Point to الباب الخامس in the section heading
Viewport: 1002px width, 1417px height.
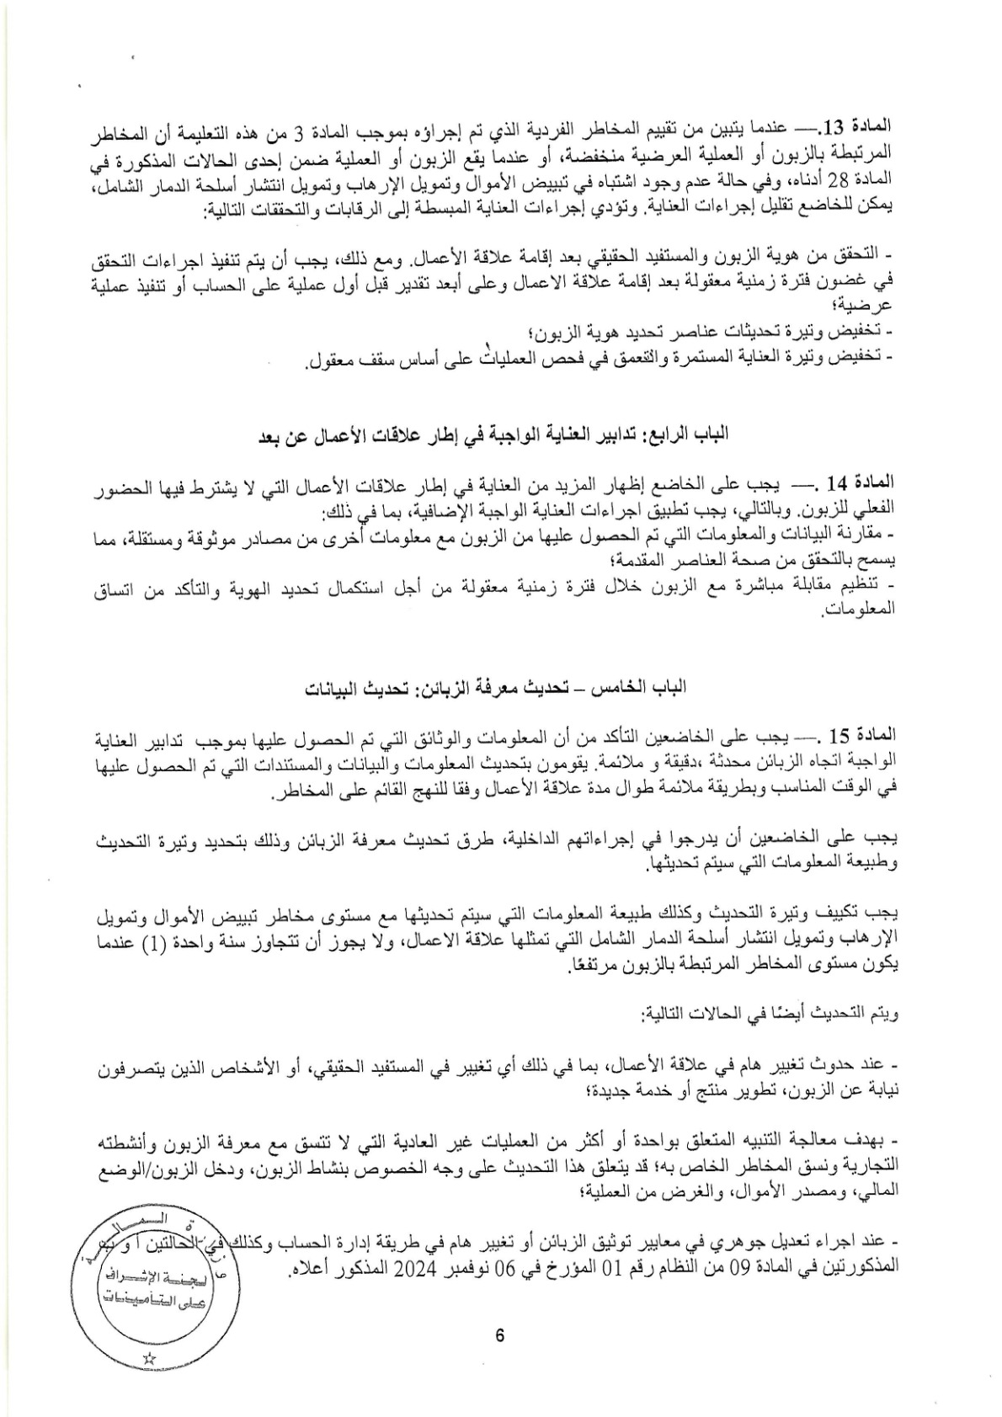(x=652, y=687)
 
